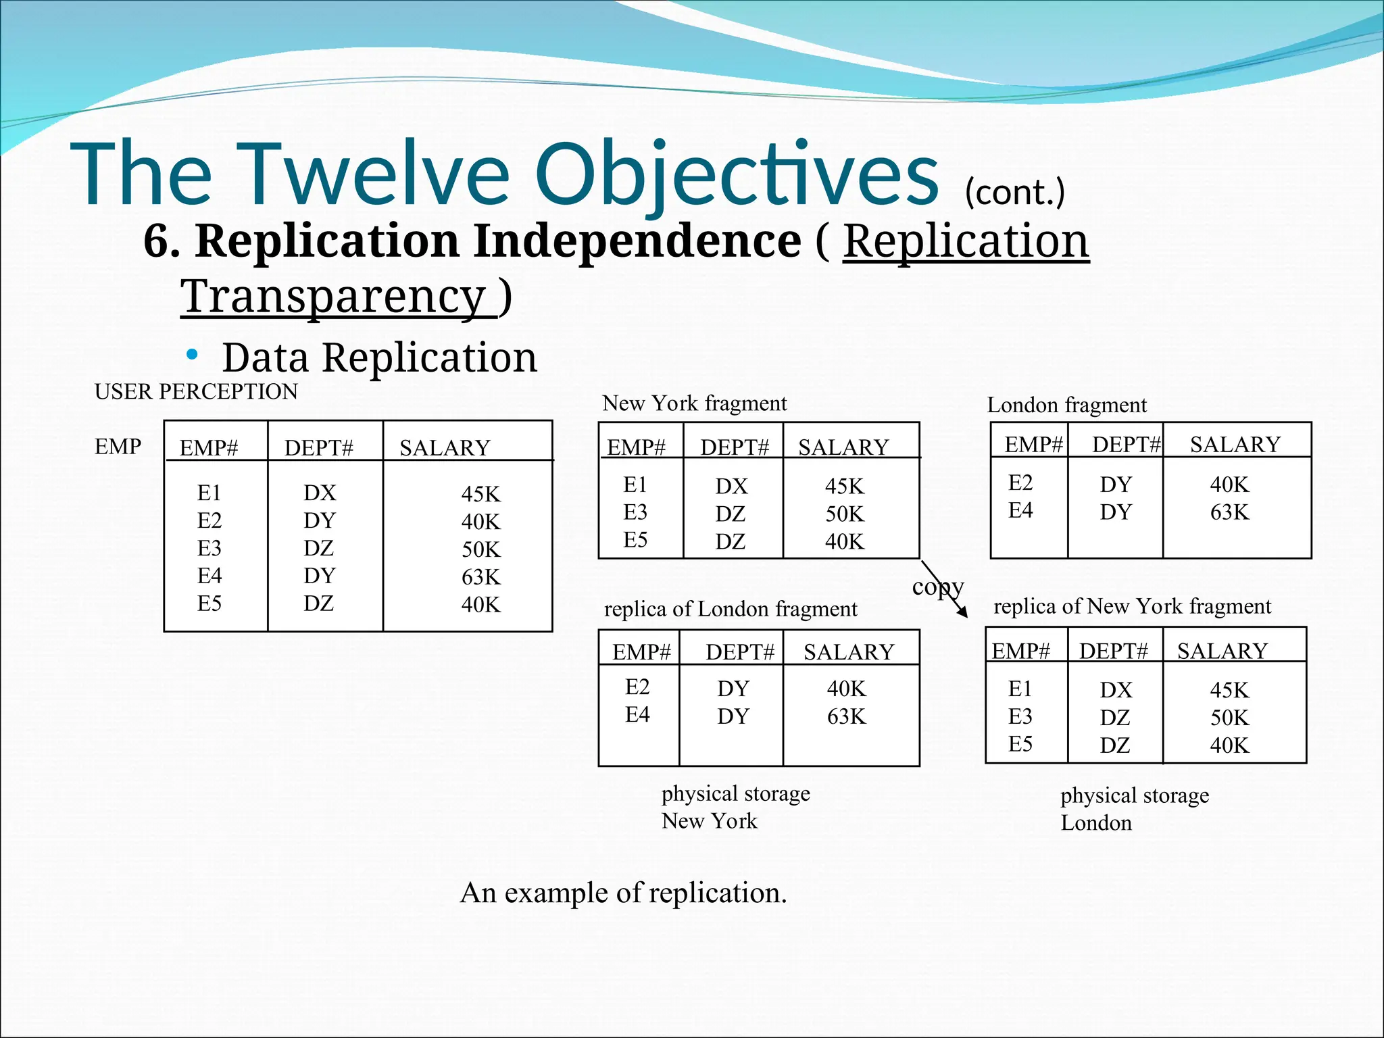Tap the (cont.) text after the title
[x=1014, y=193]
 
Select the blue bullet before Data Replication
[x=193, y=354]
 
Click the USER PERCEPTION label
[x=196, y=391]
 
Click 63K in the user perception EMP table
[x=481, y=576]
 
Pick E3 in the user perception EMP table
[x=209, y=548]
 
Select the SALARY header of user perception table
[x=445, y=447]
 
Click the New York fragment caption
[x=694, y=403]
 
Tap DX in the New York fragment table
[x=732, y=486]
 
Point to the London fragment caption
[x=1066, y=405]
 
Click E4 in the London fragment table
[x=1020, y=510]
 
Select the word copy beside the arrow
[x=937, y=586]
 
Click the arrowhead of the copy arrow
[x=963, y=612]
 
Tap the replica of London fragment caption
[x=730, y=609]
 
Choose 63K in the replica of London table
[x=846, y=716]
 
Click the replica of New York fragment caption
[x=1132, y=606]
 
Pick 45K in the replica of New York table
[x=1229, y=690]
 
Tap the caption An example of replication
[x=623, y=893]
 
